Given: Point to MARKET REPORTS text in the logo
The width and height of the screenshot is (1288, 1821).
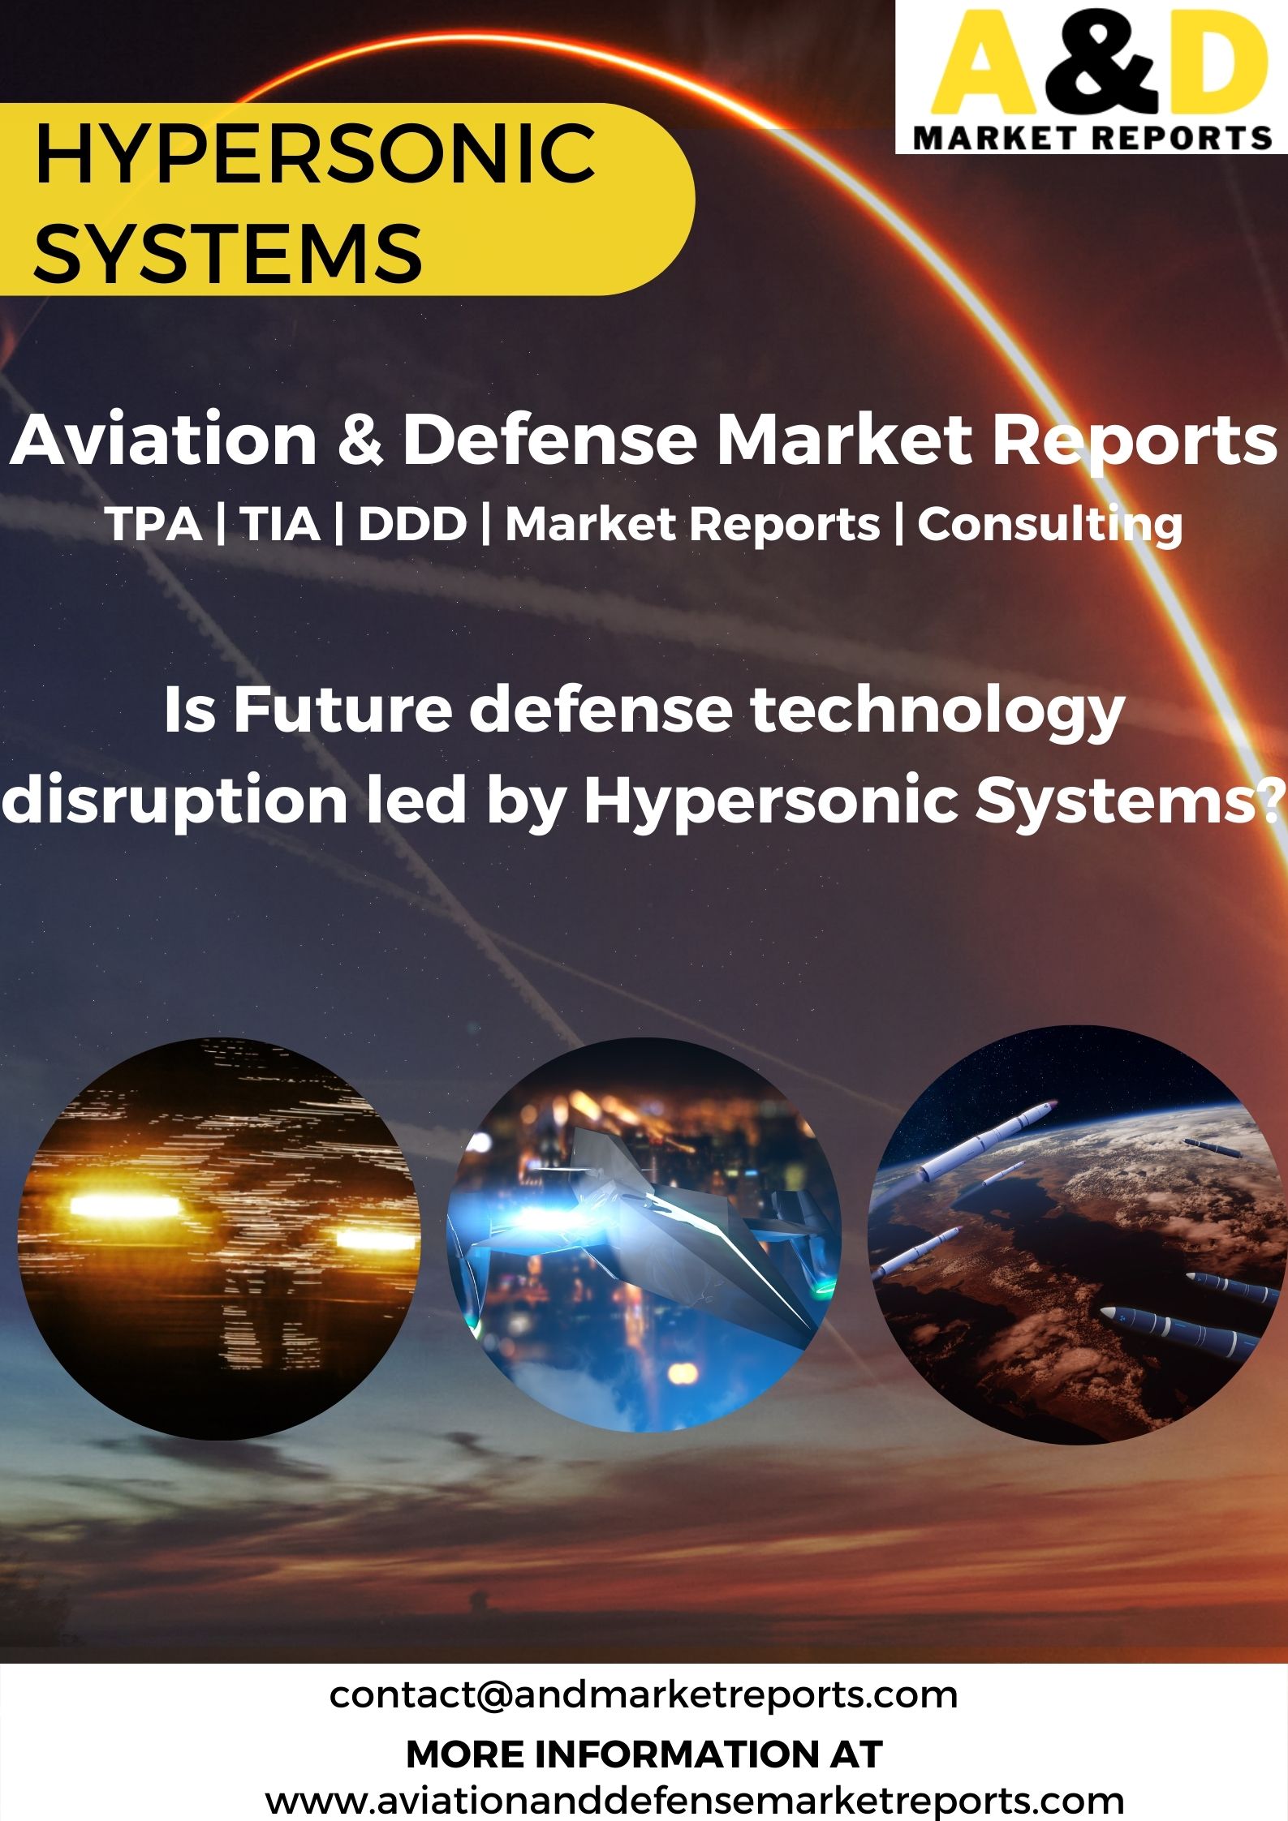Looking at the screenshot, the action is (1092, 137).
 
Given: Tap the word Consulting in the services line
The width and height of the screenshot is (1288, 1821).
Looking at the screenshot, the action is (1049, 526).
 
